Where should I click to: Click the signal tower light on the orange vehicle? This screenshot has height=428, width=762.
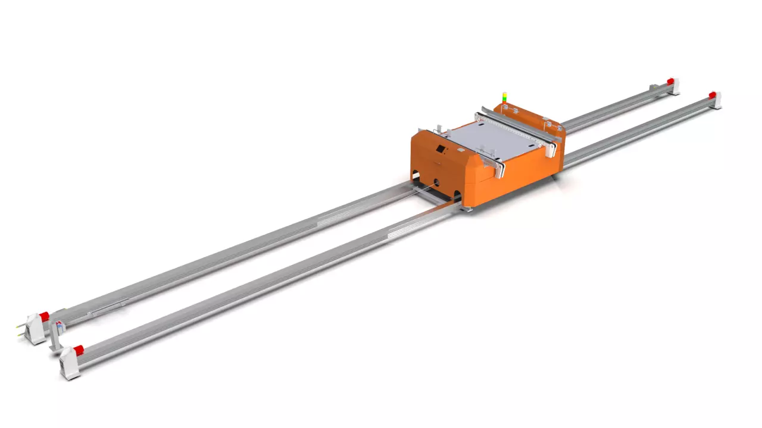pyautogui.click(x=505, y=97)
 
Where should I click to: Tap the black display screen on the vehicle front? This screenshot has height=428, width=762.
pyautogui.click(x=441, y=149)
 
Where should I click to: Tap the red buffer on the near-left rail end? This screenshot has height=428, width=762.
pyautogui.click(x=78, y=350)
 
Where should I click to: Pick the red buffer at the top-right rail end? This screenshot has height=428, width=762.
pyautogui.click(x=670, y=81)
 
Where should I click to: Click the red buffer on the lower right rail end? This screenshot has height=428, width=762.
pyautogui.click(x=712, y=95)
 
